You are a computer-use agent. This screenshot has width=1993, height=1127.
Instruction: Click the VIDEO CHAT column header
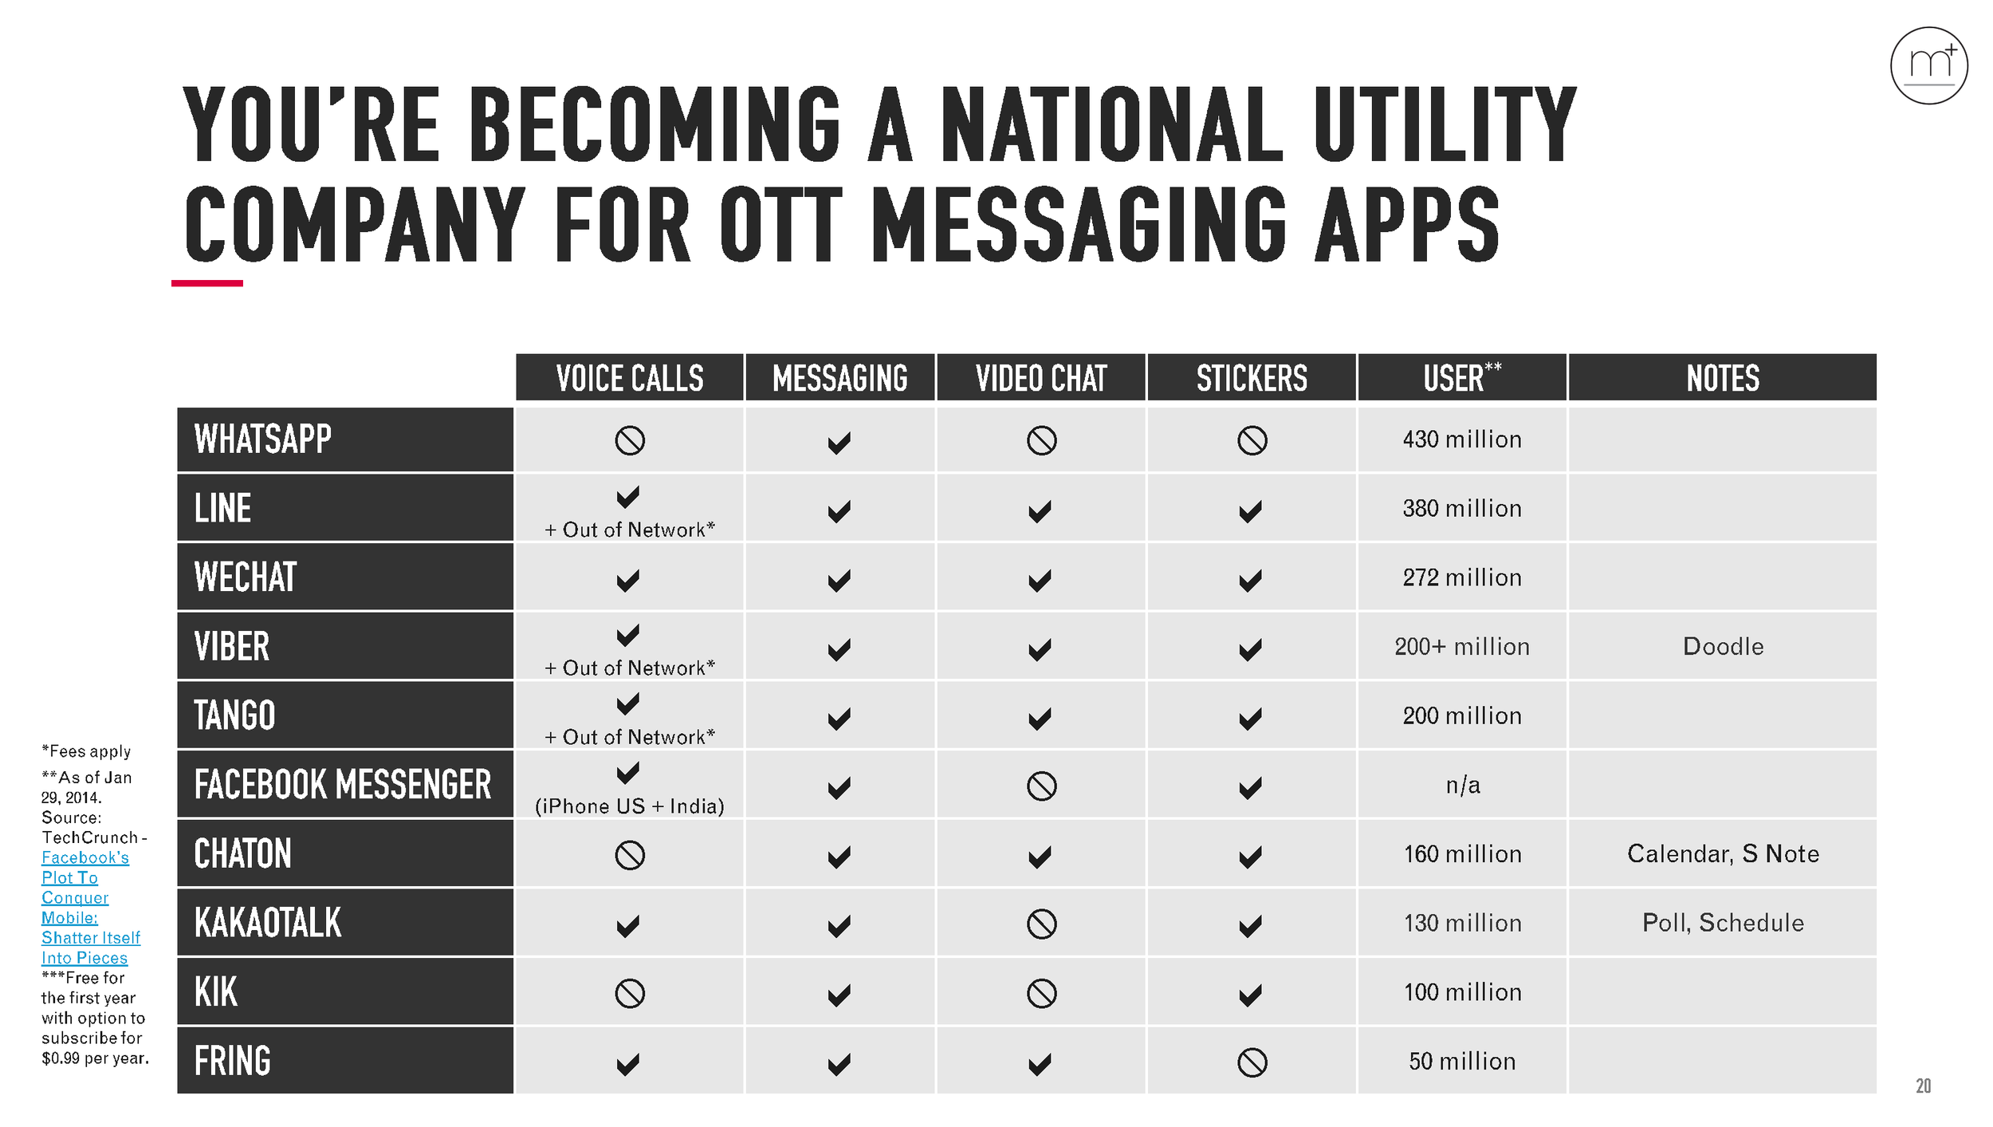pos(1041,378)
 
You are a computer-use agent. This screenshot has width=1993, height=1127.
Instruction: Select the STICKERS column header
pos(1252,378)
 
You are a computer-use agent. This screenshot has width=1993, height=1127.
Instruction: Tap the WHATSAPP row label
pos(263,439)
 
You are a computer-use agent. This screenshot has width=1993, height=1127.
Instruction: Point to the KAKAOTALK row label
pos(268,923)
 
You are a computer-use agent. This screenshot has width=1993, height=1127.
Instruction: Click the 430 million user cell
pos(1462,439)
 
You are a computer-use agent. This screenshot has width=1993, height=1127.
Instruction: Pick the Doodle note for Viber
pos(1723,646)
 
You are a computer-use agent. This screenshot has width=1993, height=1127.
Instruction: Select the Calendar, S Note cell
pos(1723,853)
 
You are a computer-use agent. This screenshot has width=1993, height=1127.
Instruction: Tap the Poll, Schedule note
pos(1723,923)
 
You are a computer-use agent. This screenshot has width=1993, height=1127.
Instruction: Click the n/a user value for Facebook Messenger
pos(1463,786)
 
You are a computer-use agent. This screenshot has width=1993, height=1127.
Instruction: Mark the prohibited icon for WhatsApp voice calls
pos(630,440)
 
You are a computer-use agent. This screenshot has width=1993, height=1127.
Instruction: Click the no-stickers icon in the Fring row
pos(1252,1062)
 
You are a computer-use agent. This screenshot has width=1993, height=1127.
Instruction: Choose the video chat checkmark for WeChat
pos(1040,580)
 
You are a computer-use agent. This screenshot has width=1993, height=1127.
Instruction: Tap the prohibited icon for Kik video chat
pos(1041,993)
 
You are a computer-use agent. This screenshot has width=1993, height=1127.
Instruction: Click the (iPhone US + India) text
pos(630,806)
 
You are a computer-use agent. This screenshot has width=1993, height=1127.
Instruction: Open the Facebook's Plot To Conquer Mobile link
pos(85,907)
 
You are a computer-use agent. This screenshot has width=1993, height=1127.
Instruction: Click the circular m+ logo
pos(1928,65)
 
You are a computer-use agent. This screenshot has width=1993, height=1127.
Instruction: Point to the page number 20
pos(1923,1086)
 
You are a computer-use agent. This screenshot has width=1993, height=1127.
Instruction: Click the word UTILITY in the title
pos(1445,125)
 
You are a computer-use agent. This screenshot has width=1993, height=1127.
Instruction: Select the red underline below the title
pos(207,283)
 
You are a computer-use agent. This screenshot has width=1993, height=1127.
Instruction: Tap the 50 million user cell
pos(1462,1062)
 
